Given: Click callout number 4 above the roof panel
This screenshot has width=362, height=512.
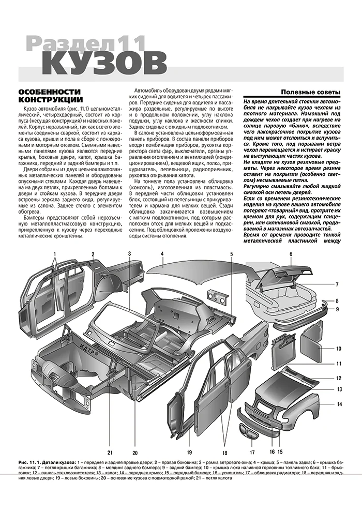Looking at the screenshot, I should [162, 254].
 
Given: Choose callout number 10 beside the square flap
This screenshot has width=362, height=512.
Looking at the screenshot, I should [339, 349].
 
